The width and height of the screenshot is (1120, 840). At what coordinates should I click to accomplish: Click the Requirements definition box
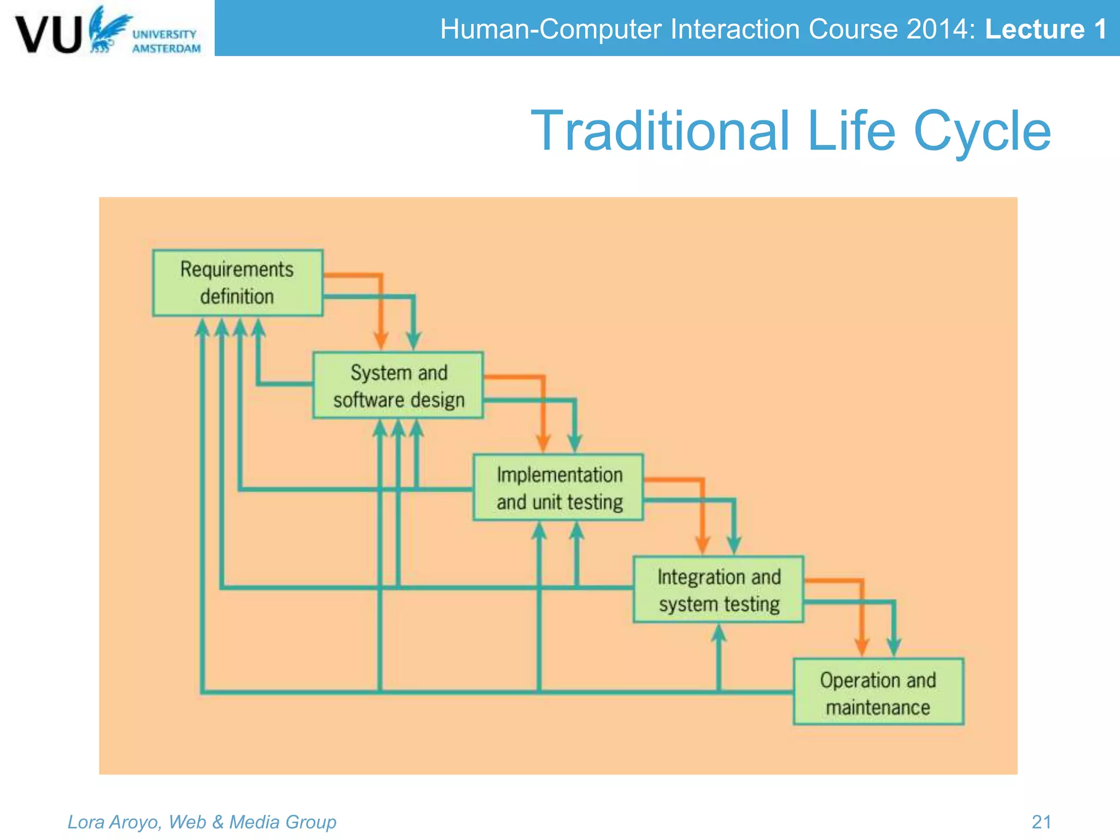pyautogui.click(x=237, y=283)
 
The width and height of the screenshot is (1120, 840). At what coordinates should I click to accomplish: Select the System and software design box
pyautogui.click(x=398, y=386)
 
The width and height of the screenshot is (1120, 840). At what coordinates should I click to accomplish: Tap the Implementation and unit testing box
pyautogui.click(x=558, y=487)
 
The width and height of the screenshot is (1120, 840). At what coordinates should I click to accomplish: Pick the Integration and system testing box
pyautogui.click(x=718, y=590)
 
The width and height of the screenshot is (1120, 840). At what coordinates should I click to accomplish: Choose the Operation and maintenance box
pyautogui.click(x=878, y=692)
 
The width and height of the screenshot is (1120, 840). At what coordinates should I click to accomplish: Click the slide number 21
pyautogui.click(x=1041, y=821)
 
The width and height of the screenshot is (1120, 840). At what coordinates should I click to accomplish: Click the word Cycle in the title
pyautogui.click(x=982, y=131)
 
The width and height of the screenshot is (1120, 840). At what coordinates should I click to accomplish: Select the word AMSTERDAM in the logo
pyautogui.click(x=166, y=49)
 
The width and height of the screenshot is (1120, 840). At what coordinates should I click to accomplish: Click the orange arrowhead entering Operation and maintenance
pyautogui.click(x=862, y=647)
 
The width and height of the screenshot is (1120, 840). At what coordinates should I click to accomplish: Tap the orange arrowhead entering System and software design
pyautogui.click(x=381, y=341)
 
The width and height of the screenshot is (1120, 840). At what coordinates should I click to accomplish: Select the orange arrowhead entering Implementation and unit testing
pyautogui.click(x=542, y=443)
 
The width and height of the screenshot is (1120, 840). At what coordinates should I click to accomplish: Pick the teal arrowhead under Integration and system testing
pyautogui.click(x=719, y=633)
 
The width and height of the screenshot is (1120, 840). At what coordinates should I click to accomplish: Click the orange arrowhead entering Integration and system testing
pyautogui.click(x=702, y=545)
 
